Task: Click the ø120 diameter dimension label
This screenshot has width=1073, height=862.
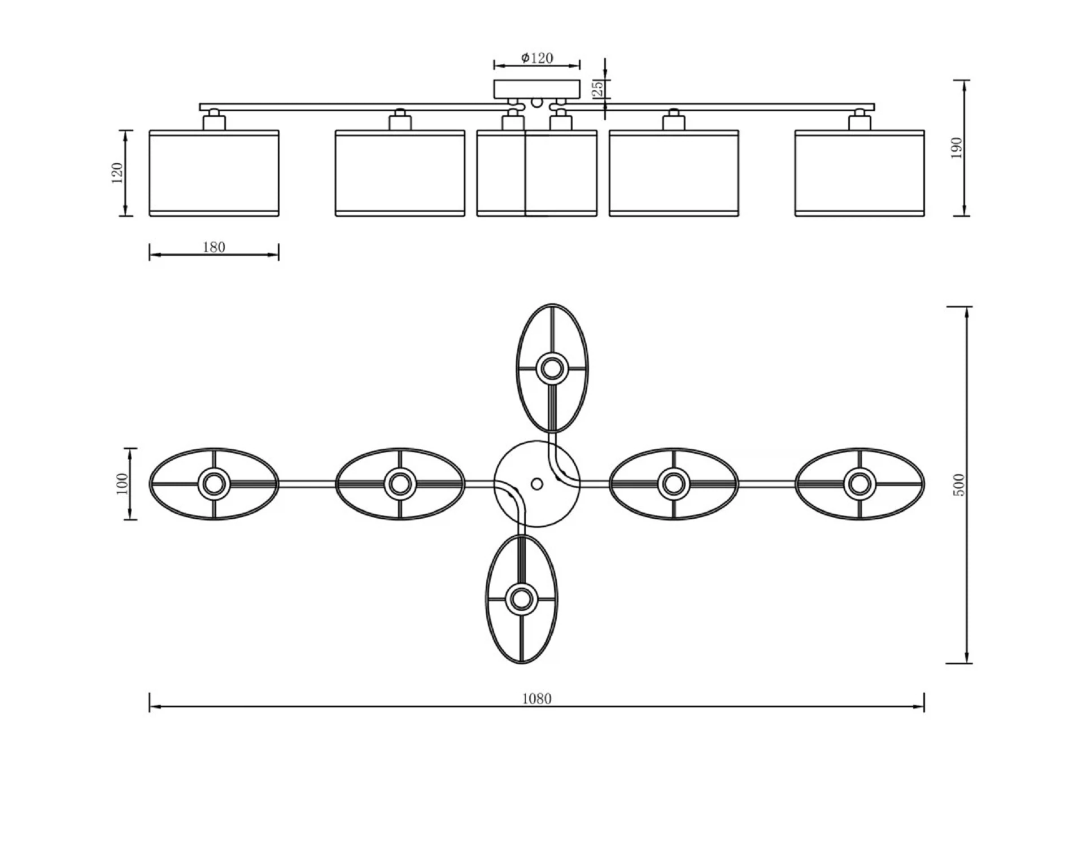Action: pyautogui.click(x=537, y=58)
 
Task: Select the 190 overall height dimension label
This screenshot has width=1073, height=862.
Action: pyautogui.click(x=957, y=148)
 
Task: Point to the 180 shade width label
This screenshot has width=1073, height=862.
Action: pyautogui.click(x=214, y=247)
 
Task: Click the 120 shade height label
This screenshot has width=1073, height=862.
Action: pyautogui.click(x=117, y=173)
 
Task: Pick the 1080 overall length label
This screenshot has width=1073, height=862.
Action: pyautogui.click(x=536, y=699)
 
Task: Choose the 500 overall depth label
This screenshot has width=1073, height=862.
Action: pyautogui.click(x=959, y=485)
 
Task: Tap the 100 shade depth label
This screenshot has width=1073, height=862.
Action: pyautogui.click(x=121, y=484)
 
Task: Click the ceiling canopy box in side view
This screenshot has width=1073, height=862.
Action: pyautogui.click(x=537, y=89)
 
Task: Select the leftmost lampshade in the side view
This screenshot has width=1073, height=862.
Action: pyautogui.click(x=214, y=173)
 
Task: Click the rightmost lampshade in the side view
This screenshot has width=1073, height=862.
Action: pyautogui.click(x=860, y=173)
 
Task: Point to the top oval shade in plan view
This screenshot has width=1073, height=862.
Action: pyautogui.click(x=552, y=369)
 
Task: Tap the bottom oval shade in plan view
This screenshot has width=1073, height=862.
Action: pyautogui.click(x=522, y=598)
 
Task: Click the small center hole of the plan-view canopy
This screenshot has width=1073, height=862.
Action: pyautogui.click(x=537, y=484)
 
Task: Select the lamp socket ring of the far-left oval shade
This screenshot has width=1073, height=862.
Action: pyautogui.click(x=214, y=484)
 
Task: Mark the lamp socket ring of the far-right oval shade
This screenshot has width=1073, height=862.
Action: pyautogui.click(x=860, y=484)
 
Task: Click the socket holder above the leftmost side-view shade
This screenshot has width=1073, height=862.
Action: pyautogui.click(x=214, y=120)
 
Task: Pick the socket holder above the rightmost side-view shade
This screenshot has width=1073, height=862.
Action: pyautogui.click(x=860, y=120)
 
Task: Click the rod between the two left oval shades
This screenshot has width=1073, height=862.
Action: pyautogui.click(x=307, y=484)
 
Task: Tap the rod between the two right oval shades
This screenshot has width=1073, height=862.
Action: pyautogui.click(x=766, y=484)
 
